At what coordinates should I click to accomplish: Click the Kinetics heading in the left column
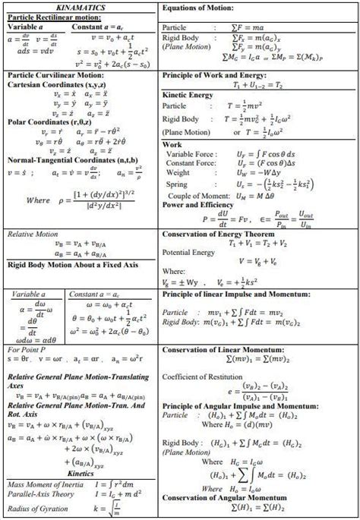[80, 472]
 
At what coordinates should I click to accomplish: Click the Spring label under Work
[176, 184]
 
